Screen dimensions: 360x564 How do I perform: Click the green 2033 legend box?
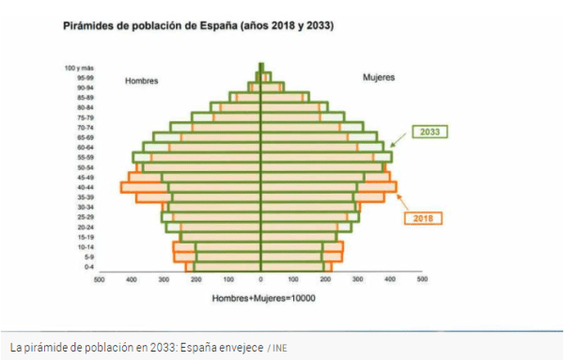431,132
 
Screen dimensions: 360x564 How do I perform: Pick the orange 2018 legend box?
424,218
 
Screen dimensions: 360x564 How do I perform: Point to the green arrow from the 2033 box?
399,140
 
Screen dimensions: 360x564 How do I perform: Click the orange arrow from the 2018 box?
401,200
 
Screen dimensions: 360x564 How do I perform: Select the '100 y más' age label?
79,68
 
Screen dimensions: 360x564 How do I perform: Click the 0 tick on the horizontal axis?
260,279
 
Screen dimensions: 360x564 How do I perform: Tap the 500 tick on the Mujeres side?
422,279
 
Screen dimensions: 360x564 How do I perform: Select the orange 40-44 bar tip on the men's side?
123,187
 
